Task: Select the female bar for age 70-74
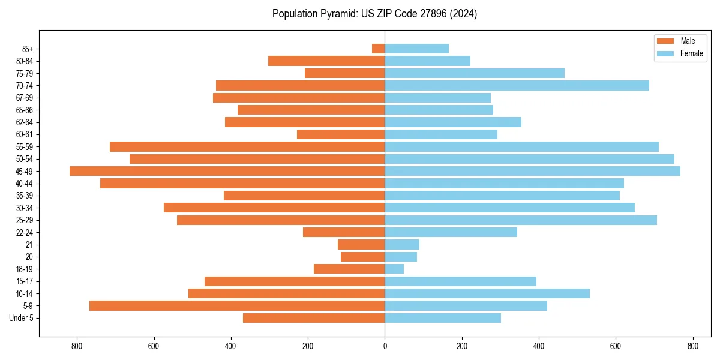[x=517, y=85]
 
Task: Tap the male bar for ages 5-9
[x=237, y=305]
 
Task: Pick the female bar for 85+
[x=416, y=49]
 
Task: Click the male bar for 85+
[x=379, y=49]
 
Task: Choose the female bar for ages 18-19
[x=394, y=269]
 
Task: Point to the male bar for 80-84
[x=326, y=61]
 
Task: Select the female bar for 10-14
[x=487, y=293]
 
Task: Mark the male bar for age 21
[x=361, y=244]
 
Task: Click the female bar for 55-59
[x=521, y=146]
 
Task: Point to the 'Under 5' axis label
[x=21, y=318]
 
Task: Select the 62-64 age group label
[x=24, y=122]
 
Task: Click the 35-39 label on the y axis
[x=24, y=196]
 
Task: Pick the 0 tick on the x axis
[x=385, y=346]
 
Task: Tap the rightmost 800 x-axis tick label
[x=692, y=346]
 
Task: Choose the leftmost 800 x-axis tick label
[x=77, y=346]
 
